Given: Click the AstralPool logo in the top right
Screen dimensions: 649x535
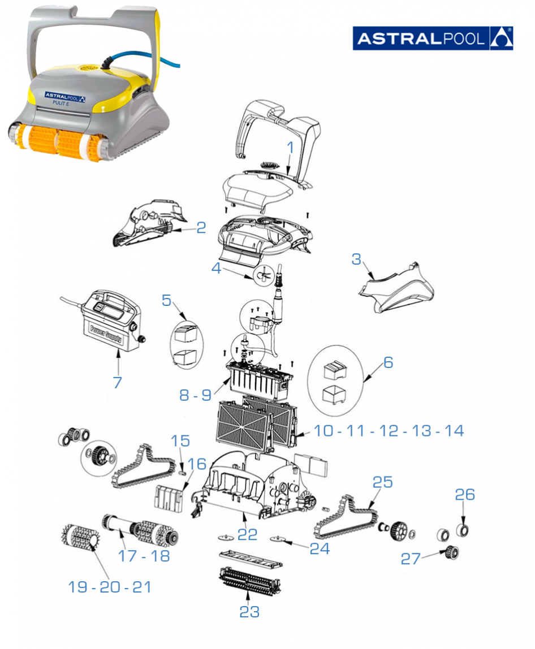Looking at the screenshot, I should (433, 38).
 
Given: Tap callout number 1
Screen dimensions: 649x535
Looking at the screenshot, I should (290, 148).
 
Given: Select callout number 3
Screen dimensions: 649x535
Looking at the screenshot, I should (356, 259).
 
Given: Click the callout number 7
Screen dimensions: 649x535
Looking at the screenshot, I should (117, 382).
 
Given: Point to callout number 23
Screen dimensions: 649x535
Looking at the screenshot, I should (249, 611).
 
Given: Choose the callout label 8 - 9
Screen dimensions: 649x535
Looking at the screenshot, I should (196, 395).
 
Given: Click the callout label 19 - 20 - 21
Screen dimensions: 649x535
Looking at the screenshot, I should (110, 587).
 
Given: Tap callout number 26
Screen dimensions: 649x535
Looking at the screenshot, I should (465, 495).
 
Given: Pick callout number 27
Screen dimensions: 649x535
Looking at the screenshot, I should (411, 559).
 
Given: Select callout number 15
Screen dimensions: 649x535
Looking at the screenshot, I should (180, 441).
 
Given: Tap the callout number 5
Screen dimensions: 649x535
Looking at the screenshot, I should (166, 300).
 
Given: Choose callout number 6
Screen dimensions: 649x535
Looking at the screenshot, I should (387, 362).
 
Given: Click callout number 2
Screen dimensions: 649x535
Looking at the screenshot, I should (201, 228).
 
